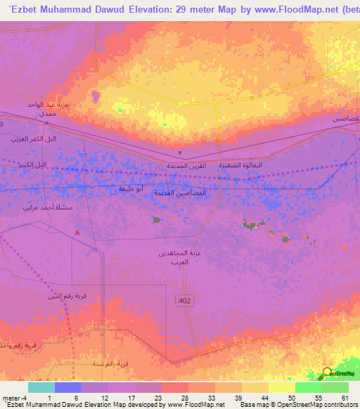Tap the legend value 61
345,397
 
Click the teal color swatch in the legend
41,387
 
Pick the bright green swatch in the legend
309,387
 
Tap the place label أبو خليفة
131,189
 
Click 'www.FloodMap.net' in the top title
290,8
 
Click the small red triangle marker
78,233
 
